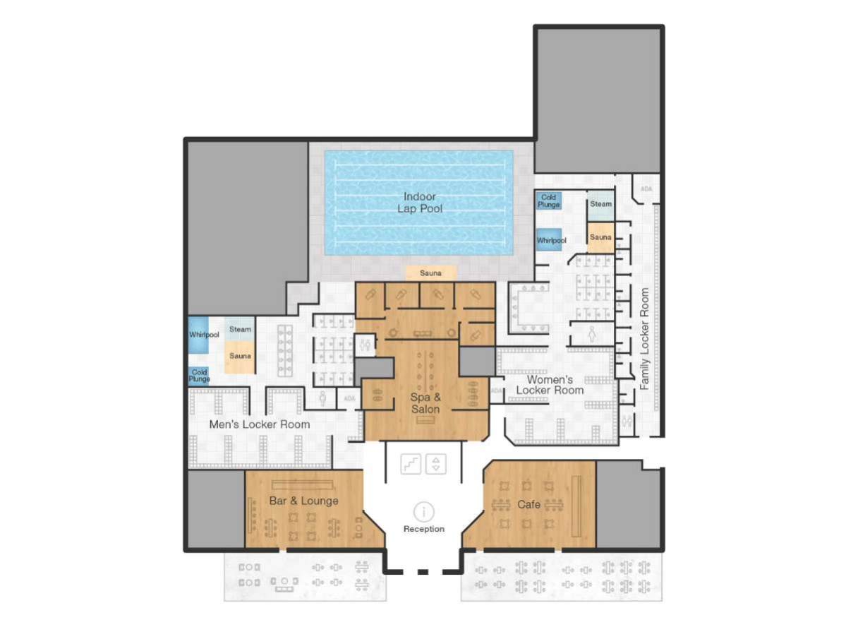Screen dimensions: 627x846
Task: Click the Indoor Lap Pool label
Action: (x=419, y=203)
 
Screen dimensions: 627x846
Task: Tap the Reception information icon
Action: (x=424, y=512)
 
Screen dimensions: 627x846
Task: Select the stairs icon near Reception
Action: (x=411, y=464)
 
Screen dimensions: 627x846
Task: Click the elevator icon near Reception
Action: (x=437, y=464)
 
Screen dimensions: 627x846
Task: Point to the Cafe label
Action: (x=528, y=504)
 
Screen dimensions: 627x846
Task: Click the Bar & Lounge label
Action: (x=303, y=501)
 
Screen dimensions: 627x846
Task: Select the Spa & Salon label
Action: (x=425, y=403)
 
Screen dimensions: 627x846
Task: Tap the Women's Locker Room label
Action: (x=550, y=385)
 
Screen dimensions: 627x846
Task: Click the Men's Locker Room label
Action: (x=259, y=424)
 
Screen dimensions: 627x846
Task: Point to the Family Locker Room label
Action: (x=644, y=338)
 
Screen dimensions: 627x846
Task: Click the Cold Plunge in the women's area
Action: (x=548, y=201)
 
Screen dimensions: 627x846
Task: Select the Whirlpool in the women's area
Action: (x=550, y=240)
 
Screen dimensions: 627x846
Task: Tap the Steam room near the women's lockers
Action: (x=600, y=204)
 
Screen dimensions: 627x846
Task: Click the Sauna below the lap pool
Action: (x=430, y=273)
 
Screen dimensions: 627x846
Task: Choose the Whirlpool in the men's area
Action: (x=203, y=334)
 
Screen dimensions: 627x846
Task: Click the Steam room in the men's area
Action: (x=240, y=329)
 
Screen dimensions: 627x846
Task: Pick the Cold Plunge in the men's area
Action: (x=199, y=375)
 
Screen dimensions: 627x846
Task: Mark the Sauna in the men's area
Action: (x=240, y=356)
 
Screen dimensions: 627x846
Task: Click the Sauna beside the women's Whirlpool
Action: (x=600, y=237)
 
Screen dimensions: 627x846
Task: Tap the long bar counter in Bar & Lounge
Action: (x=302, y=484)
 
